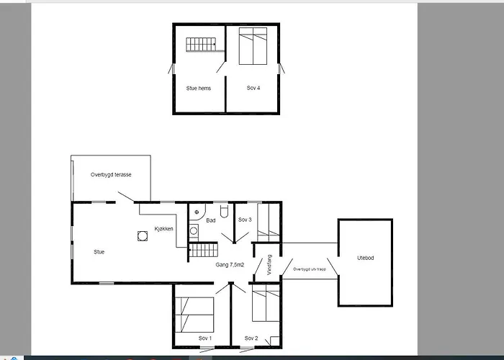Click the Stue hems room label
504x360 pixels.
tap(198, 88)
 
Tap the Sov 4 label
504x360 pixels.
tap(253, 88)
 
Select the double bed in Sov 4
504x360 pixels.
tap(253, 46)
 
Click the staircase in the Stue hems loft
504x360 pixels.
tap(201, 45)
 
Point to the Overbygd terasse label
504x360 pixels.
tap(111, 174)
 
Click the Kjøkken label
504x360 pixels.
tap(164, 228)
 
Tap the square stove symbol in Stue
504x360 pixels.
tap(143, 236)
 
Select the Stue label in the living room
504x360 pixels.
tap(99, 252)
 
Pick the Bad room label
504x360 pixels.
tap(211, 220)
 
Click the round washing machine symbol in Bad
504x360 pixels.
tap(194, 231)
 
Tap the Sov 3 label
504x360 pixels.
tap(245, 220)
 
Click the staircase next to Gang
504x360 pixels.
tap(203, 250)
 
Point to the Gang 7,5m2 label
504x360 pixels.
tap(230, 265)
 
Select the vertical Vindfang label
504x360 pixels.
tap(269, 265)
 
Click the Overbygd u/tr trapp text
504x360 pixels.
tap(309, 269)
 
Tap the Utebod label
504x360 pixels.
tap(366, 258)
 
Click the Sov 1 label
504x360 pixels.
tap(205, 338)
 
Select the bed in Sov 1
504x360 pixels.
tap(194, 315)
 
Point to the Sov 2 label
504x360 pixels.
tap(251, 338)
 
